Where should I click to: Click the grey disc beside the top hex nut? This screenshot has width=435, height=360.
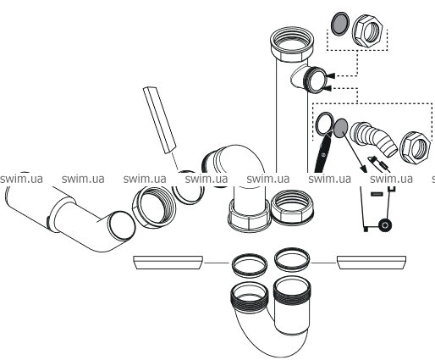[x=339, y=24]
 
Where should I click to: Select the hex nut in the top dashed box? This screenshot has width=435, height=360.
[x=368, y=30]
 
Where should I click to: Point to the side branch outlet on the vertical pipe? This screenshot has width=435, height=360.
[x=310, y=80]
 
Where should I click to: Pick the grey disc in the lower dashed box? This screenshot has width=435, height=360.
[x=341, y=128]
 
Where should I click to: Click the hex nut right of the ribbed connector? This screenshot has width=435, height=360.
[x=415, y=147]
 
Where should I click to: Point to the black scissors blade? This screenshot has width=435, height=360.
[x=322, y=154]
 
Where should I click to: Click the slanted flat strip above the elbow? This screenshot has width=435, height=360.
[x=159, y=120]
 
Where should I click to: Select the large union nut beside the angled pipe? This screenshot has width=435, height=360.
[x=154, y=207]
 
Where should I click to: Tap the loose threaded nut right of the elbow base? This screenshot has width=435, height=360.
[x=292, y=207]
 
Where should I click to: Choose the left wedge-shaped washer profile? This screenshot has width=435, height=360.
[x=168, y=263]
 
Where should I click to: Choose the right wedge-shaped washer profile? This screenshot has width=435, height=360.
[x=372, y=263]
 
